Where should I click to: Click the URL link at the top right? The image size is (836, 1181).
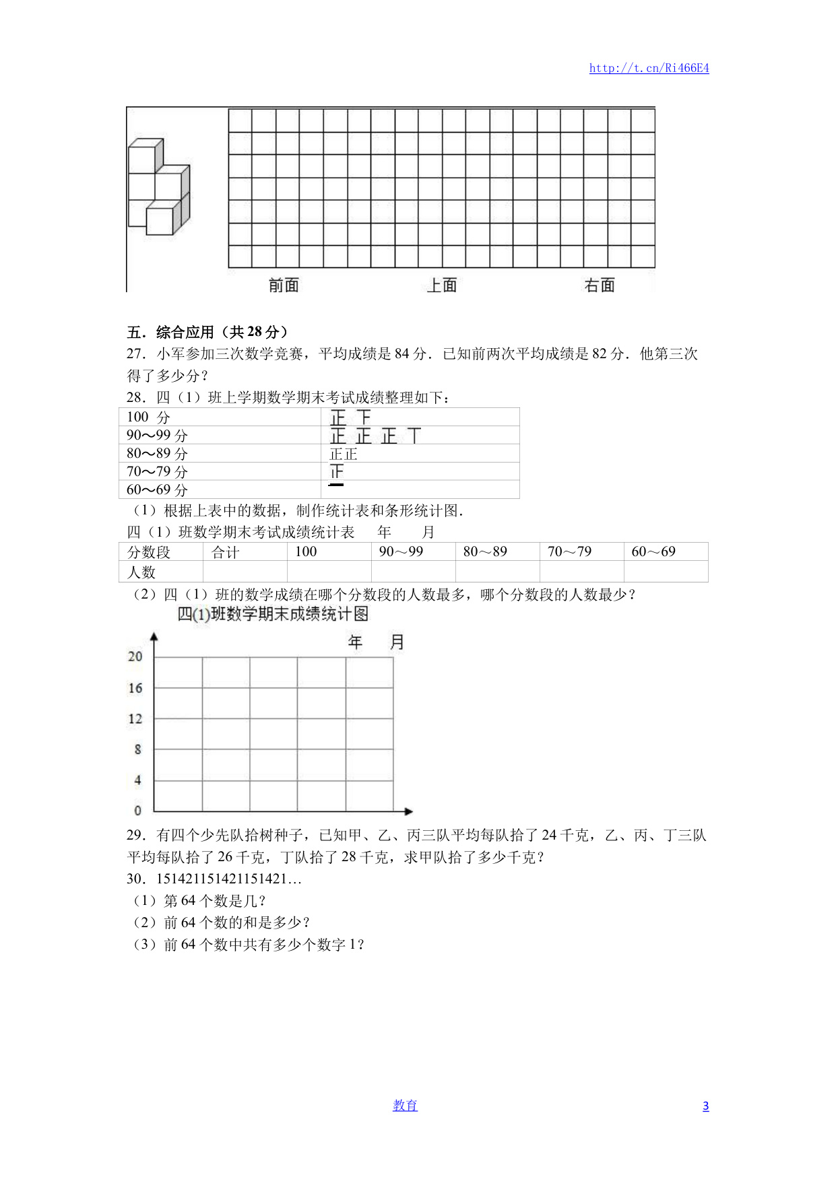point(649,68)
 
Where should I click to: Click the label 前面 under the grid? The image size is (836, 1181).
point(284,285)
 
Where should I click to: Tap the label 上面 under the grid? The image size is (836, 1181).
point(442,285)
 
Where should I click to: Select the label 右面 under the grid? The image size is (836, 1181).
point(600,285)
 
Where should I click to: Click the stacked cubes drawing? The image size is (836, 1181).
point(159,187)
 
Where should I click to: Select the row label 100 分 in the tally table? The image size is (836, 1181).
point(148,417)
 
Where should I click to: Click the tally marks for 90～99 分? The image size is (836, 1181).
point(375,436)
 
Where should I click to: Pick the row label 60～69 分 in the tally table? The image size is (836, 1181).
point(157,490)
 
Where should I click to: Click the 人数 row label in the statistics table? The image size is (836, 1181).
point(141,572)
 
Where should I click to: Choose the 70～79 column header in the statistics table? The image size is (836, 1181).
point(569,552)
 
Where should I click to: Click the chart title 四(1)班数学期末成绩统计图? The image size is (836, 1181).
point(273,614)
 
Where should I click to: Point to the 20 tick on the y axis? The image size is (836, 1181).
point(135,656)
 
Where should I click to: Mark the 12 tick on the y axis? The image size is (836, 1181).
point(135,718)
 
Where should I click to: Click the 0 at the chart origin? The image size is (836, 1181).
point(137,811)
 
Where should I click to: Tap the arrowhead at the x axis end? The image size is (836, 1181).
point(408,811)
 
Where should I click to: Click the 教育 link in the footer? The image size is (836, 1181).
point(405,1106)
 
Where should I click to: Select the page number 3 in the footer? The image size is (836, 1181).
point(705,1106)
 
